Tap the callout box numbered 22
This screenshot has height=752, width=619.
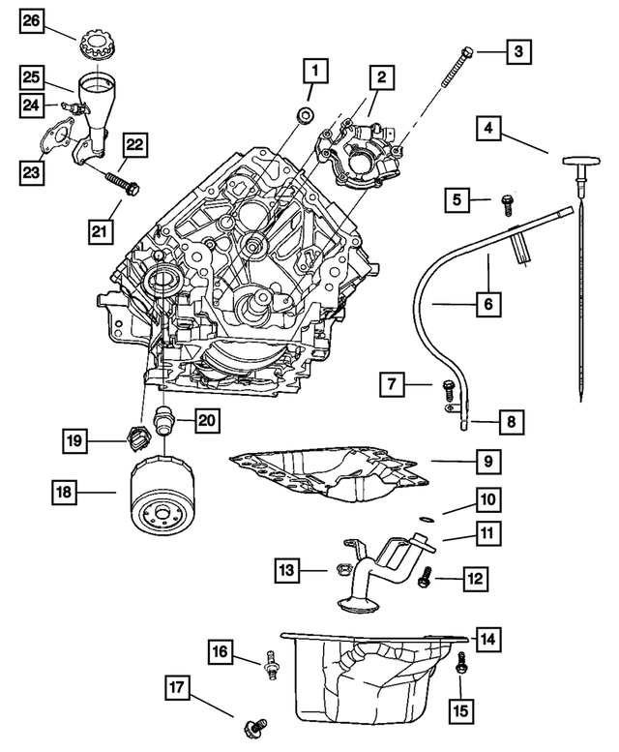(x=133, y=145)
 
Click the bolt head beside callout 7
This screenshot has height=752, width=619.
(x=447, y=388)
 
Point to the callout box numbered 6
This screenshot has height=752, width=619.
(x=488, y=304)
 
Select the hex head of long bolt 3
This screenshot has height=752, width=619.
(x=467, y=51)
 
